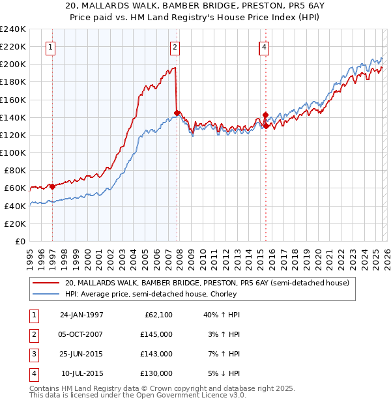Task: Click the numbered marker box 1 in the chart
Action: click(x=51, y=47)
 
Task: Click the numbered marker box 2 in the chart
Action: click(x=175, y=47)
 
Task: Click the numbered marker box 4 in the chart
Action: click(x=264, y=47)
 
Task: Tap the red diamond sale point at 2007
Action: click(x=177, y=113)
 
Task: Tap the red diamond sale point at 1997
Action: click(x=52, y=186)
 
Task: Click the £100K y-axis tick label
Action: click(x=13, y=152)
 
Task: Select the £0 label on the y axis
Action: click(x=19, y=241)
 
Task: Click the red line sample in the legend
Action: click(x=46, y=283)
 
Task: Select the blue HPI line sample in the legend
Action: click(x=46, y=295)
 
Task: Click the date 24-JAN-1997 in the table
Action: click(x=81, y=315)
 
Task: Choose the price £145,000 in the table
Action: click(x=156, y=334)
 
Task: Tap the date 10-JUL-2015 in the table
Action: click(x=81, y=373)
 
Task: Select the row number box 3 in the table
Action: click(x=33, y=354)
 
